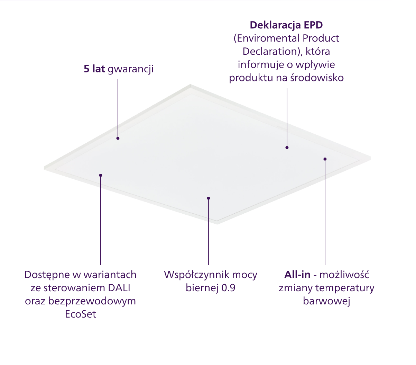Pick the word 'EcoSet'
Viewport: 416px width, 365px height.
[81, 314]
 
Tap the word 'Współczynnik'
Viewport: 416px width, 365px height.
[196, 275]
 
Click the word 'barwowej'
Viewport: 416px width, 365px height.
[327, 301]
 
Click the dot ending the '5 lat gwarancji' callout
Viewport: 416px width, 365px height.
[118, 138]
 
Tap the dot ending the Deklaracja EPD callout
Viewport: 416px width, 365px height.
[287, 148]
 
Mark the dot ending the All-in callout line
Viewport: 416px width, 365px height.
[325, 159]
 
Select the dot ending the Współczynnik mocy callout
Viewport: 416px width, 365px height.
[209, 198]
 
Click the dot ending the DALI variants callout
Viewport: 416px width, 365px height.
[101, 175]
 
